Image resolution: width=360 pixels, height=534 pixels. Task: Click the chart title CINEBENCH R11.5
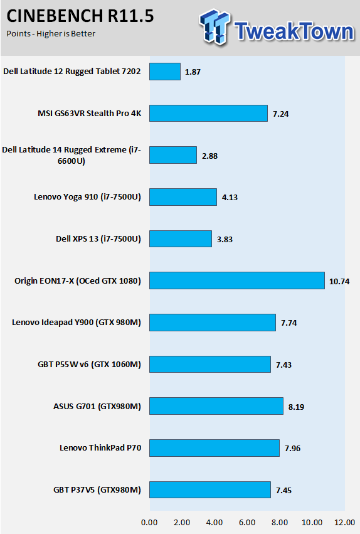pyautogui.click(x=80, y=16)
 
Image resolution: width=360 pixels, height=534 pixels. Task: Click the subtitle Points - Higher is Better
pyautogui.click(x=51, y=34)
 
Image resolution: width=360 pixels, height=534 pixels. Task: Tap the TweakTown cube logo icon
pyautogui.click(x=214, y=27)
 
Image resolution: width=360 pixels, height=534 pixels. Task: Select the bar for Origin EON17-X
pyautogui.click(x=237, y=280)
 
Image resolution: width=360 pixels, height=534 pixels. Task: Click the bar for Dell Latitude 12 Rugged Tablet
pyautogui.click(x=165, y=72)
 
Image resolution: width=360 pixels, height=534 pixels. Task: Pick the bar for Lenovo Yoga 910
pyautogui.click(x=183, y=197)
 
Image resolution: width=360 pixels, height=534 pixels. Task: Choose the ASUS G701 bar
pyautogui.click(x=216, y=406)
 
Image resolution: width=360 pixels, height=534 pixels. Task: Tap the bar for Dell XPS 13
pyautogui.click(x=181, y=238)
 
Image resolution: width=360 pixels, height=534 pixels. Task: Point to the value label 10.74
pyautogui.click(x=339, y=281)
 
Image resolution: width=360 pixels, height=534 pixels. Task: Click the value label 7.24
pyautogui.click(x=281, y=114)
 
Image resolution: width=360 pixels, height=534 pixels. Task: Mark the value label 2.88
pyautogui.click(x=209, y=156)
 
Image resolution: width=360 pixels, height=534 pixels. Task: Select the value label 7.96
pyautogui.click(x=293, y=448)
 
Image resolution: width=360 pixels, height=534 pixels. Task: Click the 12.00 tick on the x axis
pyautogui.click(x=345, y=523)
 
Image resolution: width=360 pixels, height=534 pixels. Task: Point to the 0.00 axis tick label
pyautogui.click(x=149, y=523)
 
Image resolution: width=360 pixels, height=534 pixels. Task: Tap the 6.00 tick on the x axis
pyautogui.click(x=247, y=523)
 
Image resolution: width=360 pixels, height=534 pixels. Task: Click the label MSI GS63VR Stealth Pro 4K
pyautogui.click(x=89, y=113)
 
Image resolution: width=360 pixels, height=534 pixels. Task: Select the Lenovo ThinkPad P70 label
pyautogui.click(x=100, y=447)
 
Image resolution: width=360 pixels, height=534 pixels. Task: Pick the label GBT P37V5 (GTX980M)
pyautogui.click(x=97, y=489)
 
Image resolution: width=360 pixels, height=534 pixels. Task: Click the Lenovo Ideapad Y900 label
pyautogui.click(x=77, y=322)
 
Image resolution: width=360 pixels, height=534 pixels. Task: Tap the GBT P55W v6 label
pyautogui.click(x=89, y=365)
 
